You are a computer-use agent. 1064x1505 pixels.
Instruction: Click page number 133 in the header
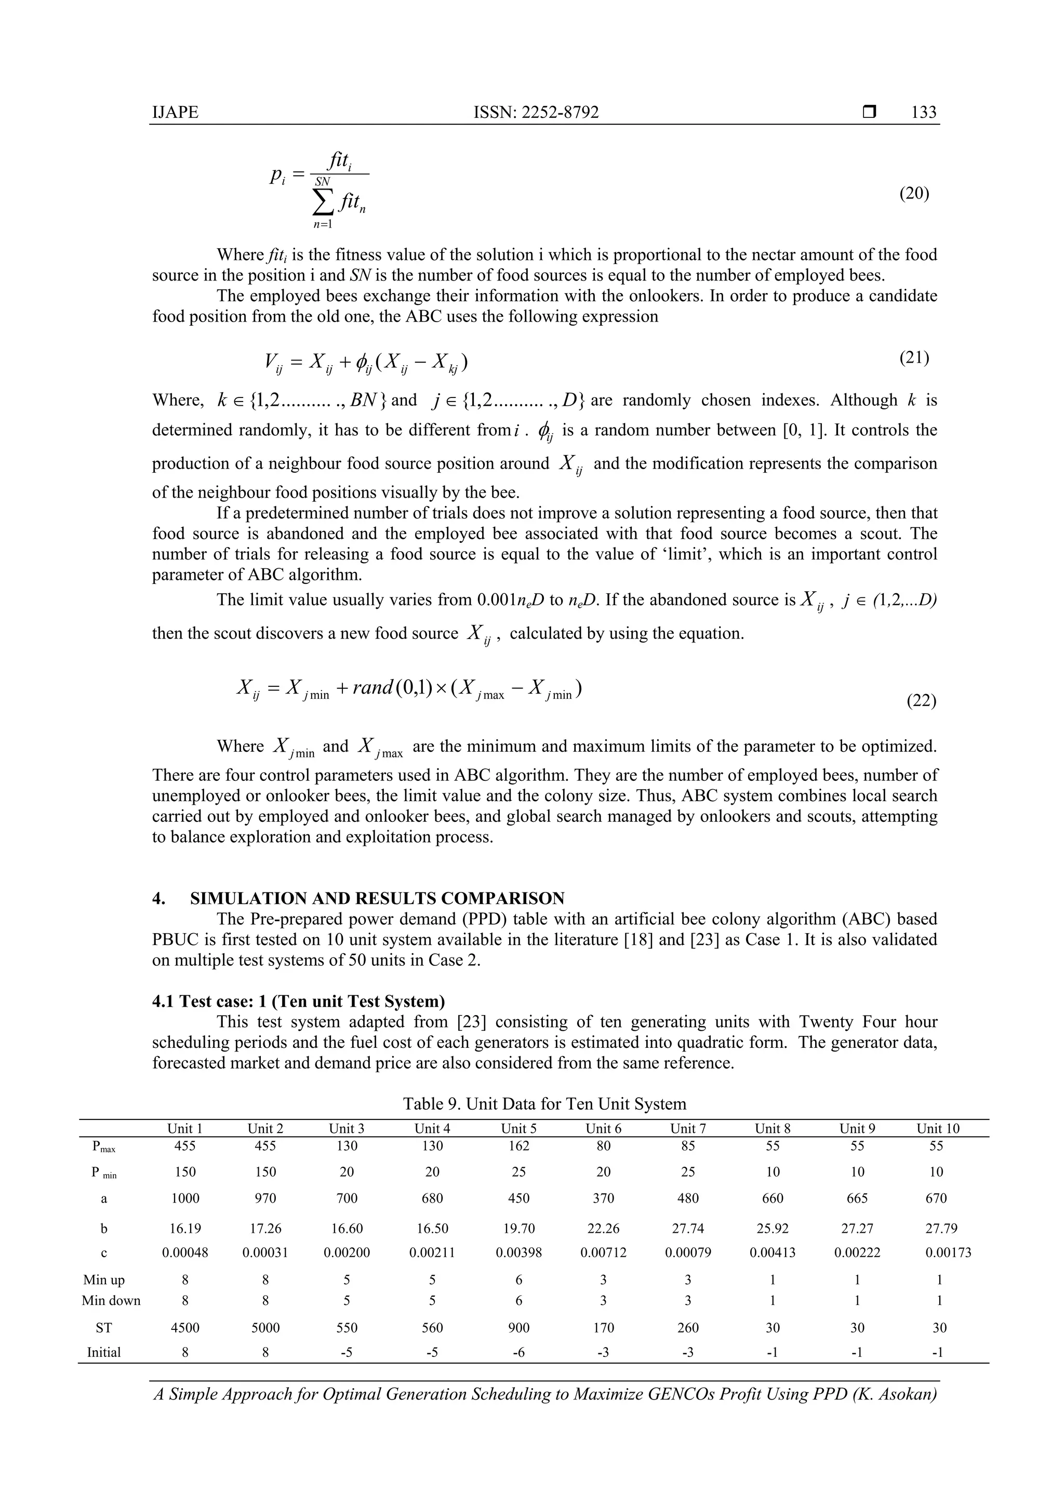(x=923, y=112)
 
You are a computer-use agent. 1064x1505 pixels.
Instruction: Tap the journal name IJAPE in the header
(x=175, y=112)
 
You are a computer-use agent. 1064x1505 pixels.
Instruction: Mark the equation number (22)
(x=921, y=701)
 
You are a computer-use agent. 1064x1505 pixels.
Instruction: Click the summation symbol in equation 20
(x=323, y=203)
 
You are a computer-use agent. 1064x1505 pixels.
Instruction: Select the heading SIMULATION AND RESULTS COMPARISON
(x=377, y=898)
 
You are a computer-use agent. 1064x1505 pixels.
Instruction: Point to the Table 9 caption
(x=544, y=1104)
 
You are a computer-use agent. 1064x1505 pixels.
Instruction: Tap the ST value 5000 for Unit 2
(x=265, y=1327)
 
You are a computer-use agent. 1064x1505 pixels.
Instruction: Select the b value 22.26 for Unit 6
(x=603, y=1229)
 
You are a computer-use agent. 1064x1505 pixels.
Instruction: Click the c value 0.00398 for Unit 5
(x=518, y=1253)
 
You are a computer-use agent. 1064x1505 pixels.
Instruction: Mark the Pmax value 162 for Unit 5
(x=518, y=1146)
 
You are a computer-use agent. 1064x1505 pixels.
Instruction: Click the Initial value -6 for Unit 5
(x=518, y=1352)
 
